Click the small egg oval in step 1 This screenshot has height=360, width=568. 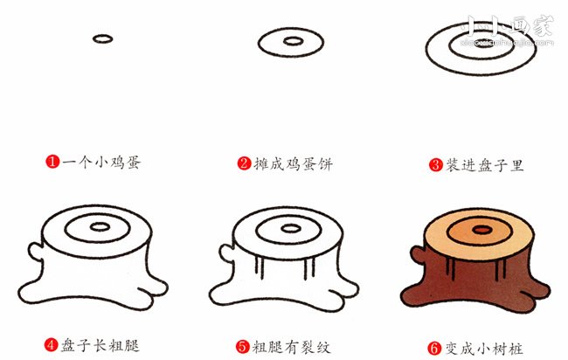coord(102,39)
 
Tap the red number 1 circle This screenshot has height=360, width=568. coord(52,163)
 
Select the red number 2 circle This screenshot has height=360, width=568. coord(244,163)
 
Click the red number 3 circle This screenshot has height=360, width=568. coord(433,163)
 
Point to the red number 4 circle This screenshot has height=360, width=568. coord(52,345)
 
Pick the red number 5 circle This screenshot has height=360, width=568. coord(244,345)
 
